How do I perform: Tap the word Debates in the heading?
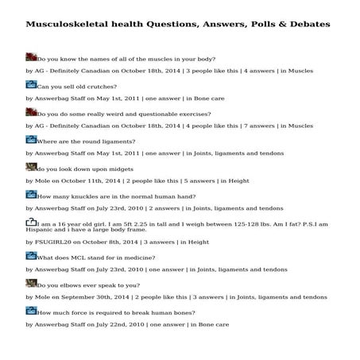tap(305, 25)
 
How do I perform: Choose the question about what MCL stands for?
tap(96, 258)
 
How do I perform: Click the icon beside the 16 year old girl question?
tap(32, 223)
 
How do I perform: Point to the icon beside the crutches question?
tap(32, 84)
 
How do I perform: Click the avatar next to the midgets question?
tap(32, 168)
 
